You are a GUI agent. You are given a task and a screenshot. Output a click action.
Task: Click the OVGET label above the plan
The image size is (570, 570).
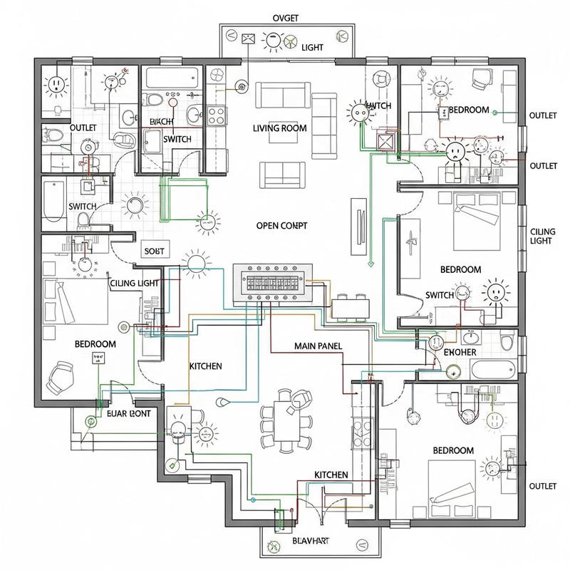point(284,17)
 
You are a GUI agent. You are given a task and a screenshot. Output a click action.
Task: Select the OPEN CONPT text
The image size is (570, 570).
point(281,225)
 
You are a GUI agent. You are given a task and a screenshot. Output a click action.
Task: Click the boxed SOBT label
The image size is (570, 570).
point(154,252)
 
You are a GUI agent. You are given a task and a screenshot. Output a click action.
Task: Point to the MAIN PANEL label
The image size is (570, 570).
point(318,346)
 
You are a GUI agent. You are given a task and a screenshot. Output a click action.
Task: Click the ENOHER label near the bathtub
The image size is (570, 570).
point(460,352)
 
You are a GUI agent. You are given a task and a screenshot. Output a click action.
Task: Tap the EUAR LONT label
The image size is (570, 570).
point(128,413)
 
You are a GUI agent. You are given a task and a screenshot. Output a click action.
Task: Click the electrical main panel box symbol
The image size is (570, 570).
point(273,282)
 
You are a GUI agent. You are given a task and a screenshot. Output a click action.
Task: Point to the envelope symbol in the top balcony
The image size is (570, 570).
point(249,38)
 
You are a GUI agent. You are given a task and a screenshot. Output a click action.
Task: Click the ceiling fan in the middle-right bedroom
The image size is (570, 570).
point(411,242)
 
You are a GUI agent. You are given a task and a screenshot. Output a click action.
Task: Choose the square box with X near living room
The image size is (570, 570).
point(386,140)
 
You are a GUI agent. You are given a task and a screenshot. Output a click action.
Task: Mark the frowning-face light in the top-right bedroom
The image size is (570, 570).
point(454,152)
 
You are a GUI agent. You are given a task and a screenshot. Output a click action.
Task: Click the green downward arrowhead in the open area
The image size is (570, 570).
point(371,264)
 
